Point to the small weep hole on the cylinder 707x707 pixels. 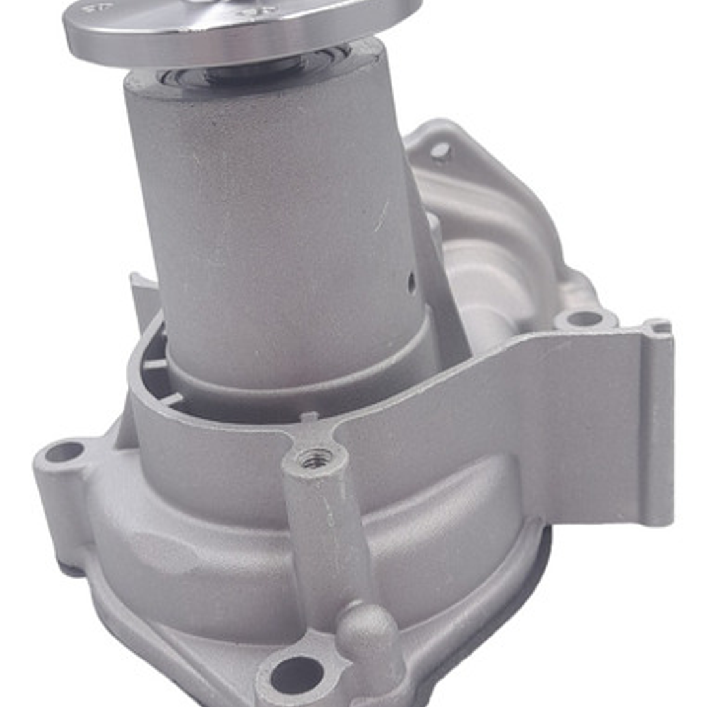coord(411,283)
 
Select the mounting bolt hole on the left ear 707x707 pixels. coord(64,452)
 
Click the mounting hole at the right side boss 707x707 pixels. coord(585,319)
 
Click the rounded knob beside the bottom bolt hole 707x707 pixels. coord(367,629)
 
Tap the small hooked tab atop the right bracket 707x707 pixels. coord(657,326)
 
